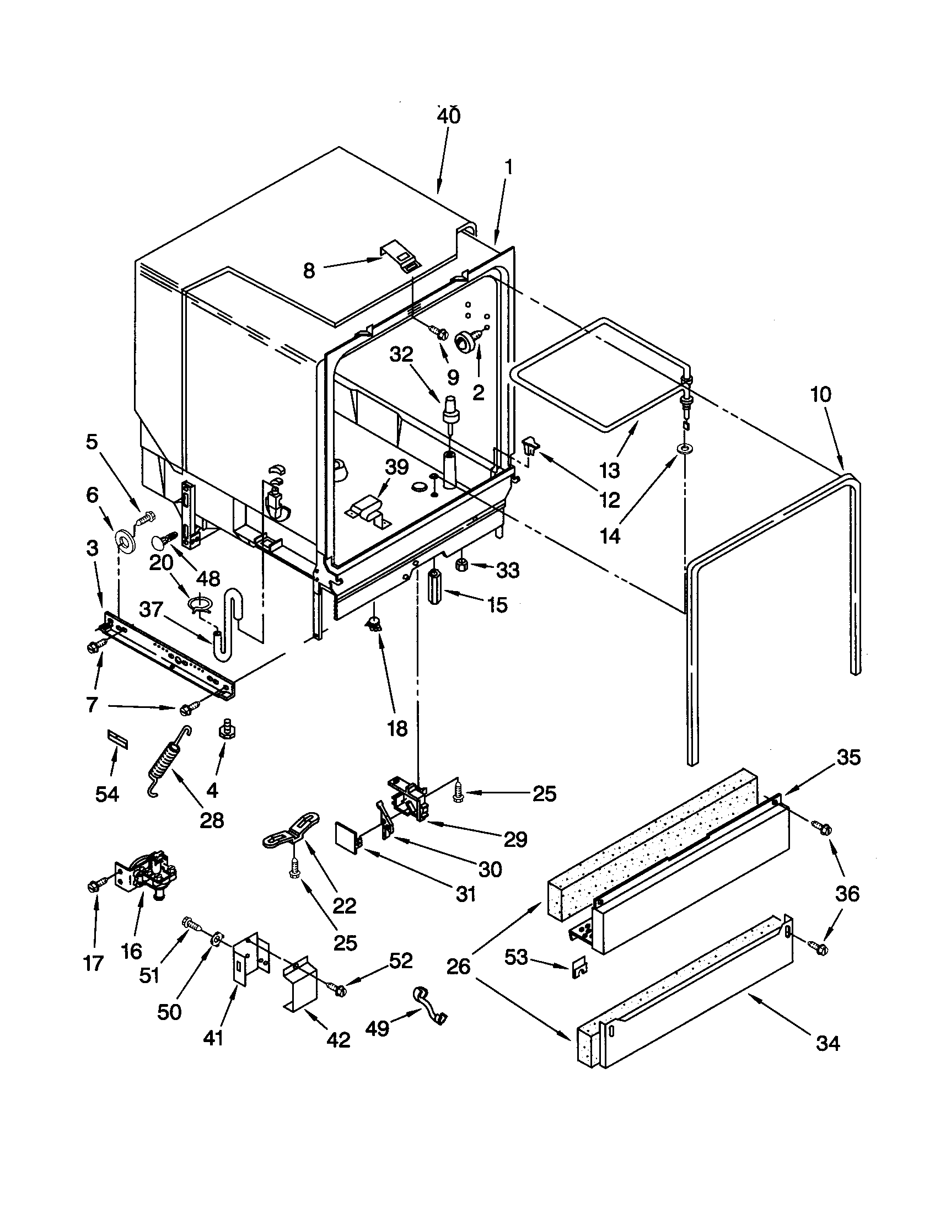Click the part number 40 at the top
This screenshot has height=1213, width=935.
[448, 116]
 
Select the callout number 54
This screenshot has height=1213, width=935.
[106, 794]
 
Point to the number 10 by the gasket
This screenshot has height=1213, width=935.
[821, 395]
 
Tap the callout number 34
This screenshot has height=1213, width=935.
[827, 1044]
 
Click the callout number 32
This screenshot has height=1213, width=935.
[401, 354]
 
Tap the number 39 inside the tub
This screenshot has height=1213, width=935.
[396, 467]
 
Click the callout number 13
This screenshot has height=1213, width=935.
[609, 470]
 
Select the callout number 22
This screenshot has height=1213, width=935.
[343, 906]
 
